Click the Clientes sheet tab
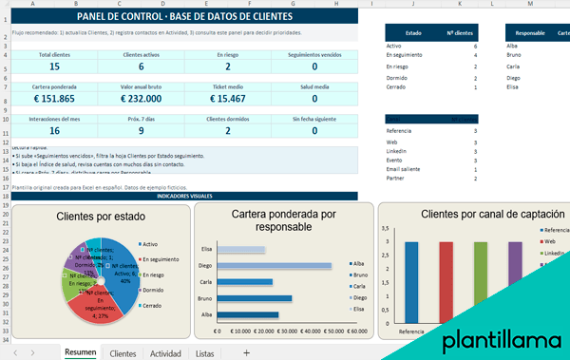click(x=123, y=352)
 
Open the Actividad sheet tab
click(x=165, y=352)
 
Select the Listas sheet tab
click(x=204, y=352)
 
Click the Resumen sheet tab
click(x=79, y=352)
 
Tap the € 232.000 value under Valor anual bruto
click(x=141, y=98)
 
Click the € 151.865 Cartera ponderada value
click(x=53, y=98)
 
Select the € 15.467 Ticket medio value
click(x=227, y=98)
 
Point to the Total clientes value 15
click(x=53, y=66)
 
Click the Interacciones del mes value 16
click(x=53, y=130)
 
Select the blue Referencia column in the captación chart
click(x=411, y=281)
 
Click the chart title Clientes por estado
click(x=102, y=217)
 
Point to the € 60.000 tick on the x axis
click(x=356, y=332)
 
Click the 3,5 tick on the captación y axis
click(x=384, y=229)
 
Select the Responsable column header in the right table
click(x=529, y=31)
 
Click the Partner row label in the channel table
click(x=397, y=178)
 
